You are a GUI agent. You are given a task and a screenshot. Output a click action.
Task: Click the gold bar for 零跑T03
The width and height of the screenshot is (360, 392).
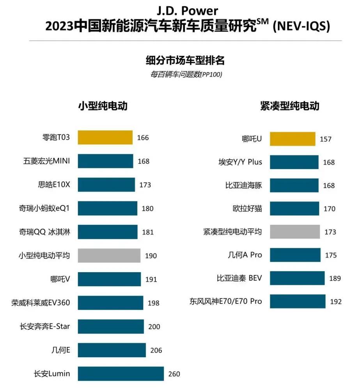(x=105, y=137)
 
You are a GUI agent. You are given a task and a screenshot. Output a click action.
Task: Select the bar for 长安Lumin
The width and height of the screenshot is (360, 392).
(x=121, y=374)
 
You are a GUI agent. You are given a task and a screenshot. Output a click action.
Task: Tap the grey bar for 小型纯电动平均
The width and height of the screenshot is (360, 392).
(x=109, y=256)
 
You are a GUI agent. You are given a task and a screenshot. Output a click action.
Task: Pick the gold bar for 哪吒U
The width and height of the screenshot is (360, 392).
(x=292, y=139)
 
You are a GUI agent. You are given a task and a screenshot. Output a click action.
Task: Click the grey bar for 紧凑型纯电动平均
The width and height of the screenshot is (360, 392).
(x=294, y=232)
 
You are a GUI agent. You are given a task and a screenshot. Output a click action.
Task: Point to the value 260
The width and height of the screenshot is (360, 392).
(x=174, y=374)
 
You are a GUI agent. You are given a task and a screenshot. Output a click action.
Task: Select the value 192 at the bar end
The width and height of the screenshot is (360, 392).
(x=335, y=301)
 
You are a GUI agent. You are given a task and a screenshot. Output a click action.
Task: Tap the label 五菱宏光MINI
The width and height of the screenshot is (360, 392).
(x=47, y=161)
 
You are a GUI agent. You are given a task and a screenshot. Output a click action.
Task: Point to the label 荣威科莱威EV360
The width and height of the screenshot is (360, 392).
(x=41, y=302)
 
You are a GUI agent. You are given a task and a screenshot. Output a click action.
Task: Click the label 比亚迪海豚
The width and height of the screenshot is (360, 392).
(x=245, y=185)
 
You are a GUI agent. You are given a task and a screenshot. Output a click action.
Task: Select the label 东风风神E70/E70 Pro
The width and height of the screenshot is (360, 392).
(x=226, y=301)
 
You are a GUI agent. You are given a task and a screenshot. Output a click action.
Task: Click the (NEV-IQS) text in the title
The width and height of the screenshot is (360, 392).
(x=301, y=27)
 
